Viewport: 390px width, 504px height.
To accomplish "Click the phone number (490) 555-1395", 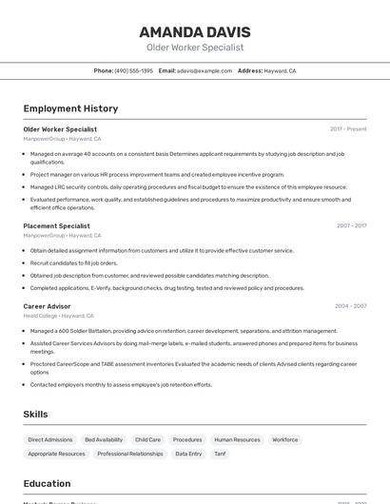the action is [x=133, y=70].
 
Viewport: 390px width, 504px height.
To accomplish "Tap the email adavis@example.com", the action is [x=205, y=70].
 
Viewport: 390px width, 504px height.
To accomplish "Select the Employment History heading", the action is [x=70, y=108].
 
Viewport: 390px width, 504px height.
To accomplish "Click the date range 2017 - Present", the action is [x=348, y=128].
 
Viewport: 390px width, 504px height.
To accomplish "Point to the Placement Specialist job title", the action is [x=56, y=225].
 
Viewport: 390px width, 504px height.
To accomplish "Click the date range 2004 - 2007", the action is [x=350, y=306].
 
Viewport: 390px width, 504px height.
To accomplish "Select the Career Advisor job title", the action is [x=47, y=306].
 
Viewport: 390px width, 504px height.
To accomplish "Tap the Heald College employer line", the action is [x=58, y=316].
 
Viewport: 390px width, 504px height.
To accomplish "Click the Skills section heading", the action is [x=36, y=415].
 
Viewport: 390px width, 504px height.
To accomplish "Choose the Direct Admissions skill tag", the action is [x=50, y=439].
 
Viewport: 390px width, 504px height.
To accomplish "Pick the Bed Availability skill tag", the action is [x=104, y=439].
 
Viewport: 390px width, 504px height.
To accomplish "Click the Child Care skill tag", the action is [x=147, y=439].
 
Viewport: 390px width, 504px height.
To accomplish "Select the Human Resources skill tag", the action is [x=237, y=439].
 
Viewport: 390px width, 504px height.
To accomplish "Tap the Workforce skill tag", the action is [x=285, y=439].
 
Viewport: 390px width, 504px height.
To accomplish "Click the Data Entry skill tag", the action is [x=188, y=454].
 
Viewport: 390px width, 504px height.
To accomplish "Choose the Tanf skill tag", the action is [x=220, y=454].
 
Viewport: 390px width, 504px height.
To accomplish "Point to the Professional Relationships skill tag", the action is [x=130, y=454].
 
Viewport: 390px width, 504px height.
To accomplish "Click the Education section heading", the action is [x=47, y=483].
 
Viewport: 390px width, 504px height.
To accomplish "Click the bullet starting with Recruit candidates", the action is [x=74, y=262].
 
